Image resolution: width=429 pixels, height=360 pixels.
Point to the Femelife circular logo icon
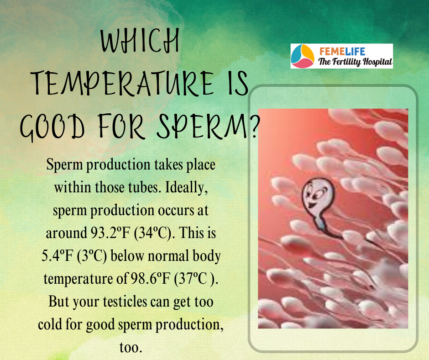(303, 56)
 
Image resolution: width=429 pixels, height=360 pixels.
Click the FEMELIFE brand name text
(342, 52)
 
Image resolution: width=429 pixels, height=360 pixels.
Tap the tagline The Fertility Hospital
(355, 62)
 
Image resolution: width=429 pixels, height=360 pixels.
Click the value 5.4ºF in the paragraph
(58, 256)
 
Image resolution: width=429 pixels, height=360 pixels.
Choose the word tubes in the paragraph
(145, 188)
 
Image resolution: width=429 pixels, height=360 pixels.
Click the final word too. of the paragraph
(131, 348)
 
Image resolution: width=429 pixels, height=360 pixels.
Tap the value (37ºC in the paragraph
(190, 279)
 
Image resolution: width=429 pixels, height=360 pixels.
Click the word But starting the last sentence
(58, 302)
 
